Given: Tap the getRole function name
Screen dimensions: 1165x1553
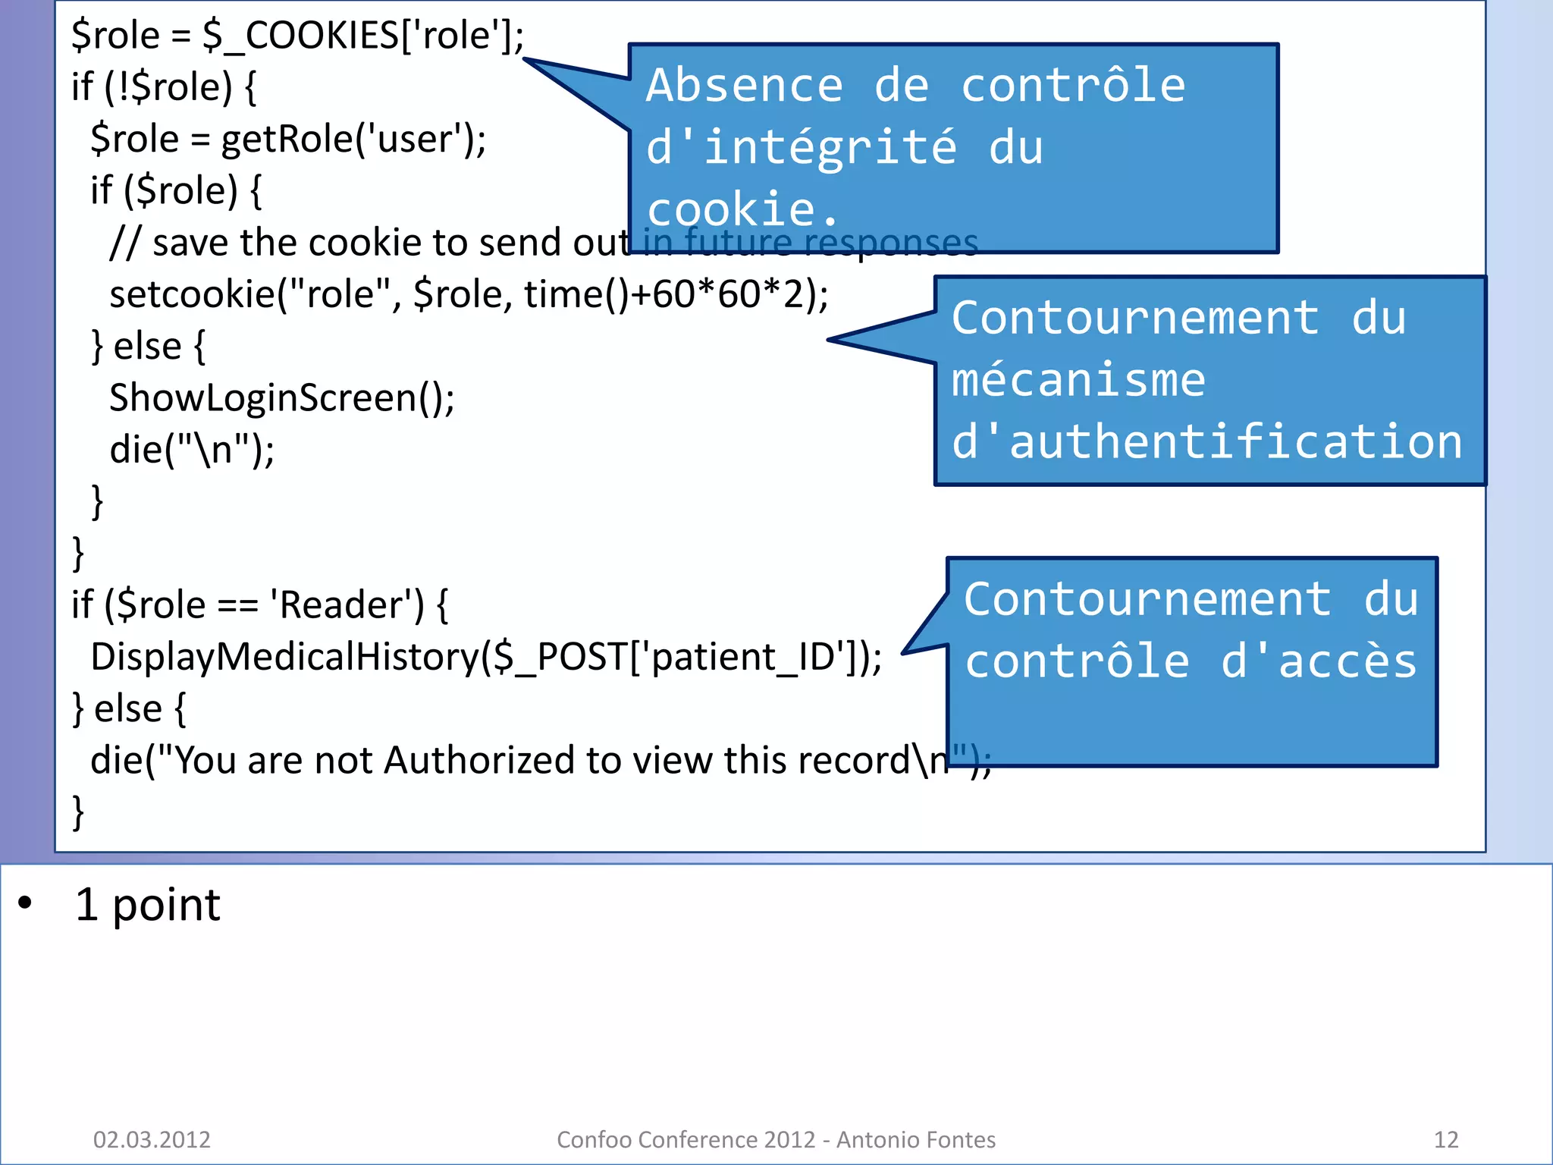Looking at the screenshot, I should click(286, 140).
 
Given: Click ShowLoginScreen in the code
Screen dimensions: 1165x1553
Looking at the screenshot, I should click(262, 398).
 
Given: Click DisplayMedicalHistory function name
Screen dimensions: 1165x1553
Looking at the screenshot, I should click(284, 657).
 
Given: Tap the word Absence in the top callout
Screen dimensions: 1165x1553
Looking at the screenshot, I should click(744, 85).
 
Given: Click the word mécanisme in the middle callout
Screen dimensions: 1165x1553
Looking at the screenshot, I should click(1078, 380).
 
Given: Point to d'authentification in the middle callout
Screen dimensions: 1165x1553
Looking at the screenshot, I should click(1206, 442).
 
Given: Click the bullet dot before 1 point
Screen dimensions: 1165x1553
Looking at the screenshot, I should click(26, 903).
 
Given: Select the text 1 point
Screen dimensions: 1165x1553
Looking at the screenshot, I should click(148, 905).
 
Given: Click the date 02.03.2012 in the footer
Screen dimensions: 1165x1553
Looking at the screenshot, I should click(152, 1139).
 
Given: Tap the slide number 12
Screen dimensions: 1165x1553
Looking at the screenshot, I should click(1445, 1139).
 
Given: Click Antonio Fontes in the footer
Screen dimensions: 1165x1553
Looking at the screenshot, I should click(915, 1139).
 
